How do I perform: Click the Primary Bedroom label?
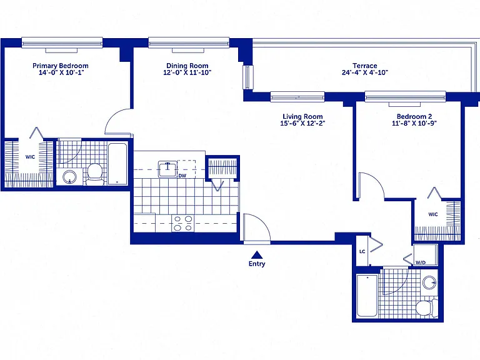click(x=61, y=66)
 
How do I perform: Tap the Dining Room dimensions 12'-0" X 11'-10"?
click(x=187, y=72)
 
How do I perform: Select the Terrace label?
click(x=365, y=66)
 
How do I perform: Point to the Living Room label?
click(x=302, y=116)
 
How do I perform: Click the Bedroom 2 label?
click(x=414, y=116)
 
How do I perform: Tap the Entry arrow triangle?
click(x=257, y=255)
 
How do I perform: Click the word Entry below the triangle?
click(x=257, y=264)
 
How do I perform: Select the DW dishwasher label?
click(x=182, y=176)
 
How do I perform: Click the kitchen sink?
click(x=167, y=169)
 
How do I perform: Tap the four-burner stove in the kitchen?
click(x=183, y=224)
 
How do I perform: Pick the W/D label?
click(x=421, y=262)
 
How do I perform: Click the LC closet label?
click(x=362, y=252)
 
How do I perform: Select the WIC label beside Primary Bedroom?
click(x=30, y=157)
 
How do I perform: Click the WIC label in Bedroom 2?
click(x=433, y=214)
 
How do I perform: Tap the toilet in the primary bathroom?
click(x=94, y=174)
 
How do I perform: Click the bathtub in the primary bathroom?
click(x=117, y=164)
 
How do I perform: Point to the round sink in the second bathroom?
click(x=429, y=282)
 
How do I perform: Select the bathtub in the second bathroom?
click(x=367, y=296)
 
